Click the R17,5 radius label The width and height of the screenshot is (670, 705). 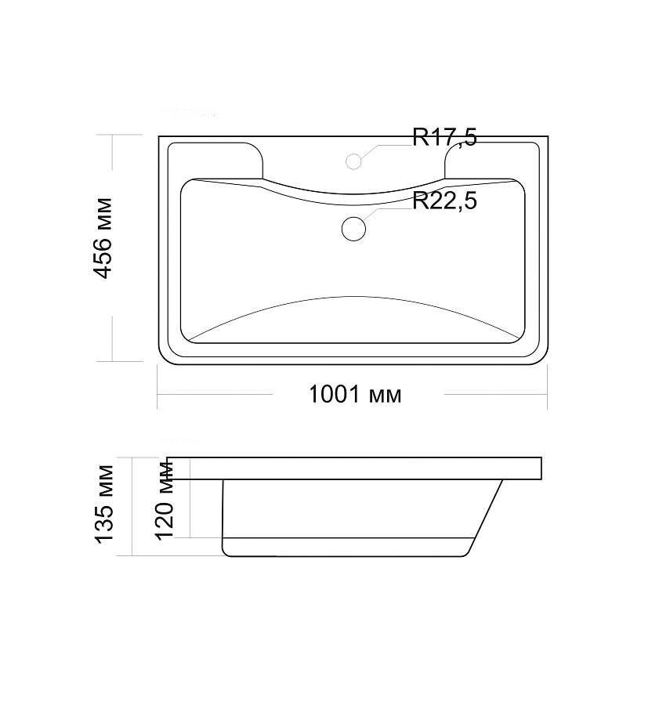click(x=444, y=136)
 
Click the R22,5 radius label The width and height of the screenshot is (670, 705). click(x=444, y=201)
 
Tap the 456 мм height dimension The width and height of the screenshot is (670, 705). click(x=103, y=238)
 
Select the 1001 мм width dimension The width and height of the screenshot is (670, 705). click(x=355, y=394)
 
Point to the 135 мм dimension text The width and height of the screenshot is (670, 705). click(x=104, y=504)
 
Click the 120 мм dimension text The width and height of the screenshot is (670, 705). click(x=164, y=500)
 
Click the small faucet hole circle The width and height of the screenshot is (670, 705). click(x=354, y=161)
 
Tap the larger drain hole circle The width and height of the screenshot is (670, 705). click(x=353, y=229)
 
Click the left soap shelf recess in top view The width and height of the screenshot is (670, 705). click(x=215, y=160)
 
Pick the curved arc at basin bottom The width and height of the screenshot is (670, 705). click(x=353, y=297)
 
